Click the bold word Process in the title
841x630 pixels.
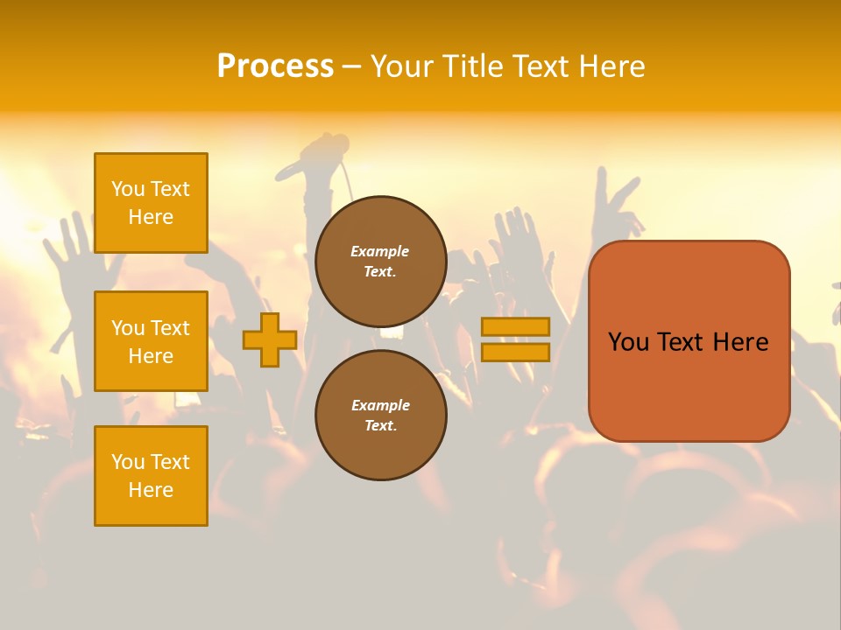[275, 66]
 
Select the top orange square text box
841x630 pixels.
[151, 203]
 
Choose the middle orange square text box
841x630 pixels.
[151, 341]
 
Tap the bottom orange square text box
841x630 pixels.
[151, 476]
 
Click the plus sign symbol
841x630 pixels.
[270, 339]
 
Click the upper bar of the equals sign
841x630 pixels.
[515, 326]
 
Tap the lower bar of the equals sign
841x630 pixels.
[515, 352]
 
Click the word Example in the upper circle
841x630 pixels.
[380, 251]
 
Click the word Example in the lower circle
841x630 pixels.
[380, 405]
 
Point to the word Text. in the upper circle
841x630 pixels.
[380, 271]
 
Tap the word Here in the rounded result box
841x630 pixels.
[740, 342]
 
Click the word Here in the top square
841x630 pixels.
[151, 217]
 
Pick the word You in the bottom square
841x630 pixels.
[128, 462]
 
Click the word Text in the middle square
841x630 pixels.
[170, 328]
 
